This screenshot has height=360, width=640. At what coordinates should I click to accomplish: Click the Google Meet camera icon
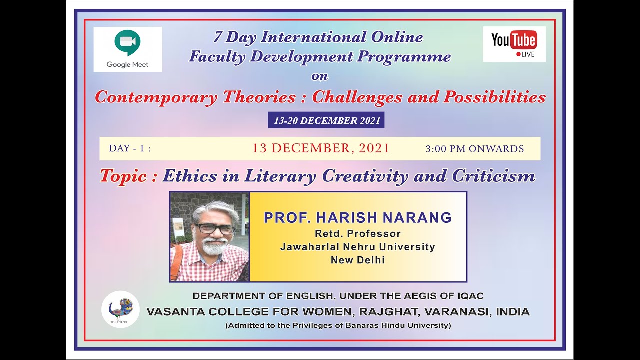pyautogui.click(x=127, y=43)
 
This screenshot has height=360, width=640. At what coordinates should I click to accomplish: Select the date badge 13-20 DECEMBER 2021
pyautogui.click(x=327, y=120)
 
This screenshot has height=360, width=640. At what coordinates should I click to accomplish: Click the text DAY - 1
pyautogui.click(x=129, y=149)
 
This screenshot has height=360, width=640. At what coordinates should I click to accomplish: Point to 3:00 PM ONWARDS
pyautogui.click(x=474, y=149)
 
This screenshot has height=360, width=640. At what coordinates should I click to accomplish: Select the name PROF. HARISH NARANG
pyautogui.click(x=357, y=218)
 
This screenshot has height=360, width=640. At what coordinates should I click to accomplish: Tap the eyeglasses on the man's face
pyautogui.click(x=215, y=228)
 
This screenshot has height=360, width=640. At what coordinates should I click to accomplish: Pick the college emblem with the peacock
pyautogui.click(x=120, y=309)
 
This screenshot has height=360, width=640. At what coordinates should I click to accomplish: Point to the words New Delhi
pyautogui.click(x=357, y=260)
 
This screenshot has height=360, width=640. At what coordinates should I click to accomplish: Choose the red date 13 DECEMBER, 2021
pyautogui.click(x=320, y=148)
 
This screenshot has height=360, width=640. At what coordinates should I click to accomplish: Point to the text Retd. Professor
pyautogui.click(x=357, y=233)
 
